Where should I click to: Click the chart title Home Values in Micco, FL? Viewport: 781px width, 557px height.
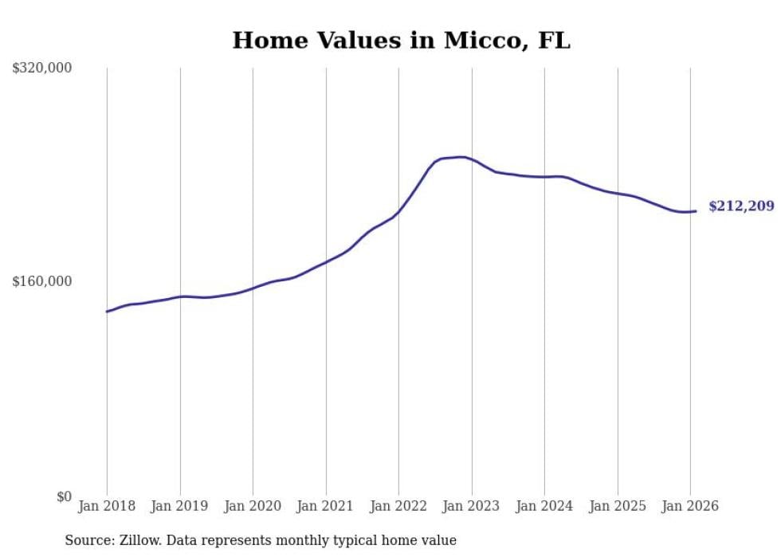tap(401, 41)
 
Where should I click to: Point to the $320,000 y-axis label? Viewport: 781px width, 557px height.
tap(42, 69)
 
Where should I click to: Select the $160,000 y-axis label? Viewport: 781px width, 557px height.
tap(42, 281)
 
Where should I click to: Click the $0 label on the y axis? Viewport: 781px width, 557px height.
tap(64, 497)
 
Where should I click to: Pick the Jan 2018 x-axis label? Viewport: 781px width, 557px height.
tap(107, 506)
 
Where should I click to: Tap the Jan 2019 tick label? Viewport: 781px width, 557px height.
tap(180, 506)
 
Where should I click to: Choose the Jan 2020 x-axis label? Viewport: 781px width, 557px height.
tap(253, 506)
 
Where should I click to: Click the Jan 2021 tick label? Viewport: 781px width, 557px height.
tap(326, 506)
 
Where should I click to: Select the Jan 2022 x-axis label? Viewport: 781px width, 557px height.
tap(398, 506)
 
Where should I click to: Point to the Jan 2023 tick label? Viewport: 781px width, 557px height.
tap(472, 506)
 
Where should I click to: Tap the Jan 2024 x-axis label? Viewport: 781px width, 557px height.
tap(544, 506)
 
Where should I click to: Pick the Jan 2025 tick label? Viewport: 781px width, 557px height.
tap(618, 506)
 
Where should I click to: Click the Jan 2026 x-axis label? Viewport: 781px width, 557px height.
tap(690, 506)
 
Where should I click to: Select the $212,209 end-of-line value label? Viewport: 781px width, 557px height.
tap(741, 207)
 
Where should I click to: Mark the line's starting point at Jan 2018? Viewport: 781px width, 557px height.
tap(107, 312)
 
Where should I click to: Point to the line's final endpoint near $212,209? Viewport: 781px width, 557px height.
tap(697, 211)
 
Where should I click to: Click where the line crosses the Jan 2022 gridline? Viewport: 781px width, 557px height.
tap(398, 212)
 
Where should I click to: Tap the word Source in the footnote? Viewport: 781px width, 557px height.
tap(88, 540)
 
